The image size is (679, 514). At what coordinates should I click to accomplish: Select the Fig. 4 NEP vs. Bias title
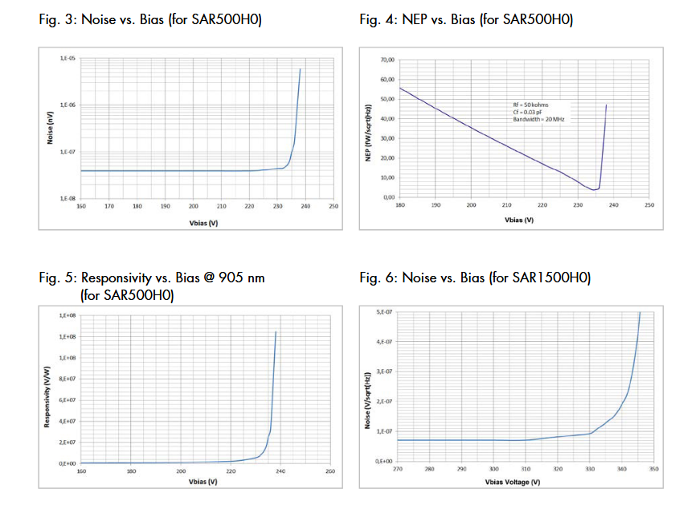click(466, 19)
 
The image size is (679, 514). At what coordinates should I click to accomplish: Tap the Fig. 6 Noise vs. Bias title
click(475, 278)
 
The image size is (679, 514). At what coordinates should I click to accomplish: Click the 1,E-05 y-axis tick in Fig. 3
click(67, 60)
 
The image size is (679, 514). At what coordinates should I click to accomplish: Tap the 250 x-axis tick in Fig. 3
click(333, 206)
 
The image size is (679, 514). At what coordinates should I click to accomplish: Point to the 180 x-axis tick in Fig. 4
click(399, 205)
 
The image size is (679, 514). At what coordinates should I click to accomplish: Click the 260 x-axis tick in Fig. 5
click(330, 471)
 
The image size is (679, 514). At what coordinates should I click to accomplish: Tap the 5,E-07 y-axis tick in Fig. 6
click(383, 311)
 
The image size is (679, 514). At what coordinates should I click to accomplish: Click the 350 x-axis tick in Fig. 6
click(653, 468)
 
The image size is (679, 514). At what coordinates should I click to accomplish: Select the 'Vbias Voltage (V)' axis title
click(513, 481)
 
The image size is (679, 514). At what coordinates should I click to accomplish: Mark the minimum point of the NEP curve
click(593, 190)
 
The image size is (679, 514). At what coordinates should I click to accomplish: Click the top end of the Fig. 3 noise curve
click(301, 69)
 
